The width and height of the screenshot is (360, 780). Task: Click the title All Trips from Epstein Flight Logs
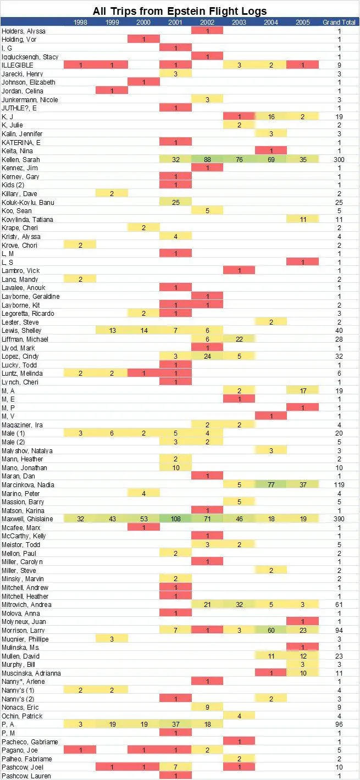click(x=180, y=10)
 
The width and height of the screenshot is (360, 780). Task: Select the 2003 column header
click(x=239, y=22)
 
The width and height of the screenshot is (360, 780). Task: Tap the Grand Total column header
click(x=339, y=22)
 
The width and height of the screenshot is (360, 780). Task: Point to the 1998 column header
click(x=80, y=22)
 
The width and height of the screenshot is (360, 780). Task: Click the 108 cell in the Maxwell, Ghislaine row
click(x=175, y=519)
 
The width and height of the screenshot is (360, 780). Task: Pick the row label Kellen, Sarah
click(x=21, y=159)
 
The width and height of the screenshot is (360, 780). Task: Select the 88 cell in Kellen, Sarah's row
click(x=207, y=159)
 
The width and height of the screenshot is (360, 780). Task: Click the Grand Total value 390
click(x=339, y=519)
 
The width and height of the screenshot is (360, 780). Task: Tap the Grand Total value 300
click(x=339, y=159)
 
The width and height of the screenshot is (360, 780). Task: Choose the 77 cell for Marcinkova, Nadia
click(x=270, y=484)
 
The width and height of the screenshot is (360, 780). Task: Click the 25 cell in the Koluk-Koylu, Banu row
click(x=175, y=202)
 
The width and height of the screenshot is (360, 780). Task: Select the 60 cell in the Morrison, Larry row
click(x=270, y=630)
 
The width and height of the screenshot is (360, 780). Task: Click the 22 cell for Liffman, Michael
click(x=239, y=339)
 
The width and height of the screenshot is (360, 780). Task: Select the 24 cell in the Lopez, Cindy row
click(x=207, y=356)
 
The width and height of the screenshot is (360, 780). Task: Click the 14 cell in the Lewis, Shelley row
click(x=143, y=331)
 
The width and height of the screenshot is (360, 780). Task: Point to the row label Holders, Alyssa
click(x=23, y=31)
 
